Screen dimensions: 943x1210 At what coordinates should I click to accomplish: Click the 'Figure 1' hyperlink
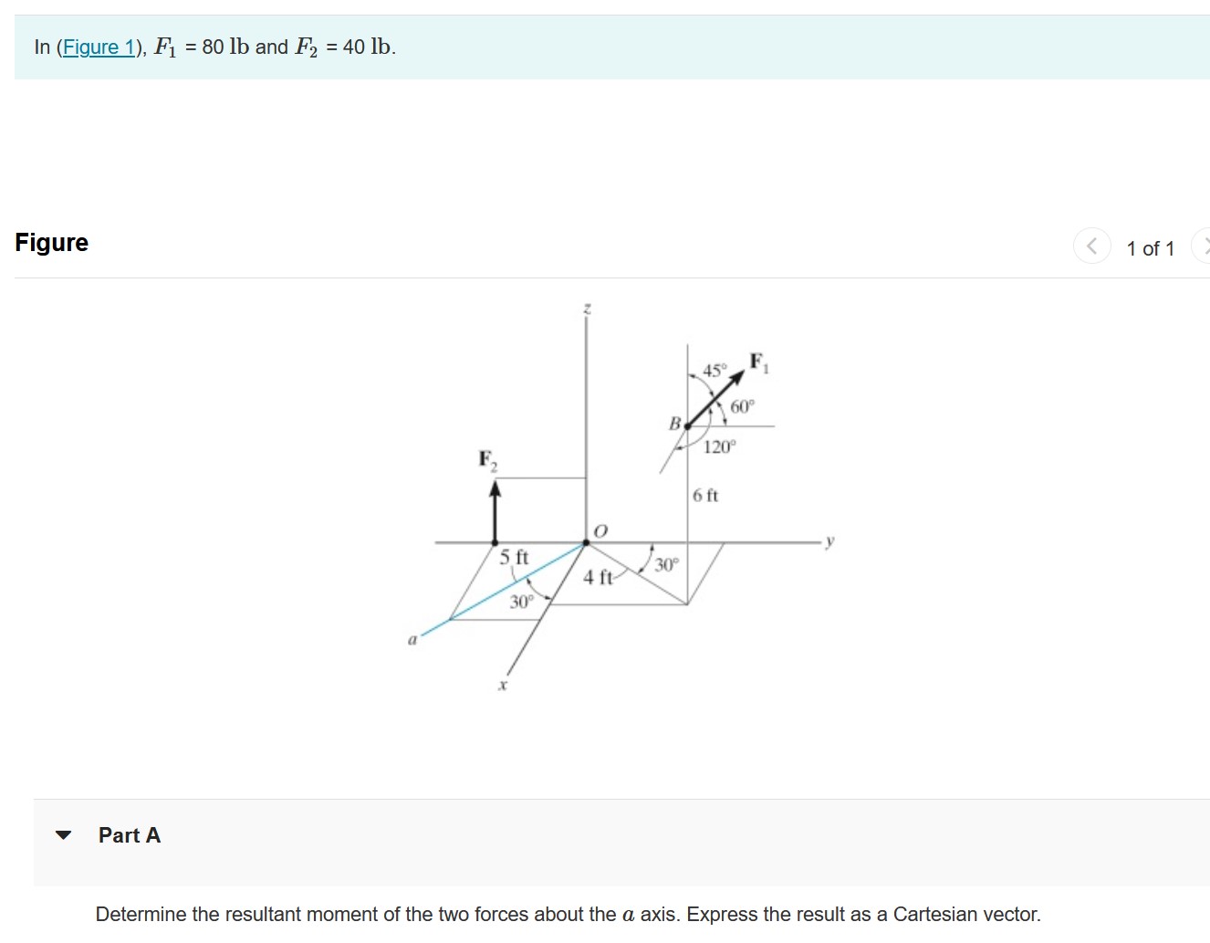pos(99,47)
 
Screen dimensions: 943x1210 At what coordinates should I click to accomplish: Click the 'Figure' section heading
pos(52,243)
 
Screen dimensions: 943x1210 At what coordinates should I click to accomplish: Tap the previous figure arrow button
pos(1091,246)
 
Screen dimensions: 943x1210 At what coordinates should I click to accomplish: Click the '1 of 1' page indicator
pos(1150,248)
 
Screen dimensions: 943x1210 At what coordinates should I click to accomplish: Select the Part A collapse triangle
pos(63,835)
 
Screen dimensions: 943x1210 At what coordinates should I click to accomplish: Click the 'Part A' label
pos(130,835)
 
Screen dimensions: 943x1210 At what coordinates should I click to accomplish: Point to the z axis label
pos(587,309)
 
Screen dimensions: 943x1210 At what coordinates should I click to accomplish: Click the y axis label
pos(829,540)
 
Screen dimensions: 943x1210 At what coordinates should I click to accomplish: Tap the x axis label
pos(502,685)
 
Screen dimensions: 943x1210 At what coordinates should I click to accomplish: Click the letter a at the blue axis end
pos(412,640)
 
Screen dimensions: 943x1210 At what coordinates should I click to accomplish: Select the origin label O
pos(600,530)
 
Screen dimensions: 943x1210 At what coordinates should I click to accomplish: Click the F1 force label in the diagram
pos(759,362)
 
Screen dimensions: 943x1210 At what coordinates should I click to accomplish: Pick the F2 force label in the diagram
pos(488,459)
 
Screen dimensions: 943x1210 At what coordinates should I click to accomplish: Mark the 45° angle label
pos(715,371)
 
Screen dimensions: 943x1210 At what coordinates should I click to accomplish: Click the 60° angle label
pos(742,406)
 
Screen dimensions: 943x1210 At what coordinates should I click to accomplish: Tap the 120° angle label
pos(719,446)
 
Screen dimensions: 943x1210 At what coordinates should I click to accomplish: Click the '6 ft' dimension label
pos(705,496)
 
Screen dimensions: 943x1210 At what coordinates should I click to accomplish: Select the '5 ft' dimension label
pos(514,557)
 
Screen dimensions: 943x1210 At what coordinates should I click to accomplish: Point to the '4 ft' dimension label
pos(598,577)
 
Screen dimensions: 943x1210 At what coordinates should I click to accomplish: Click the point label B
pos(674,424)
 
